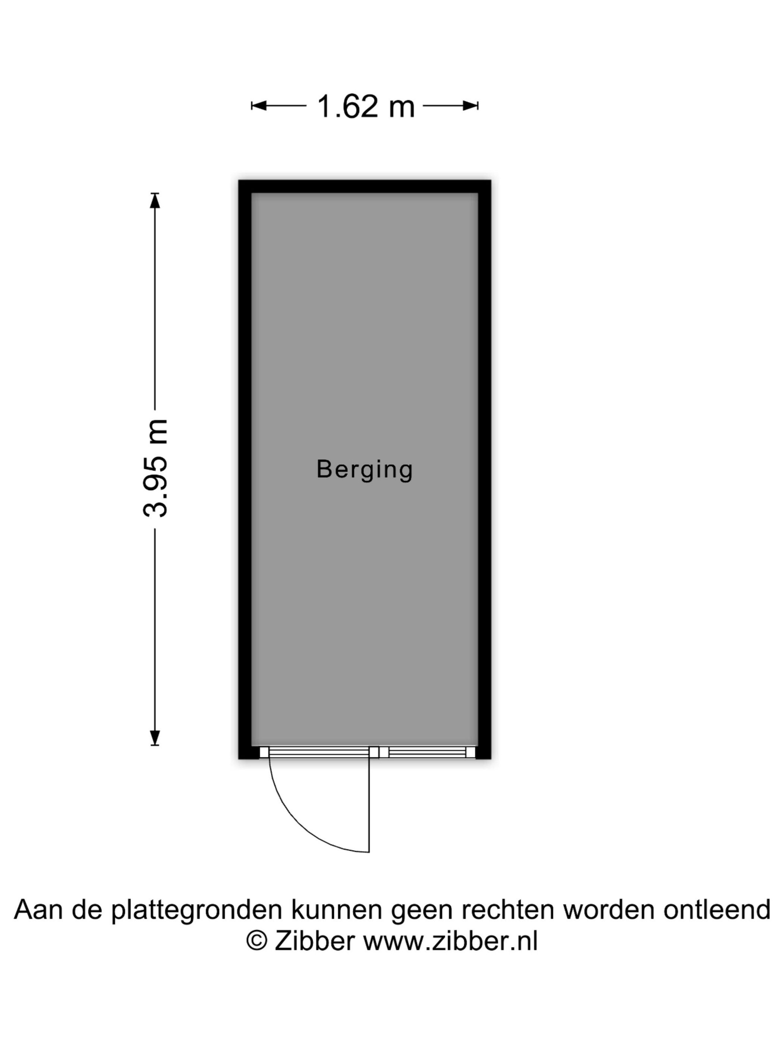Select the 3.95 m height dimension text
[155, 468]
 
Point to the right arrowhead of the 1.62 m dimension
[471, 106]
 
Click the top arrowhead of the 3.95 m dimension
[155, 201]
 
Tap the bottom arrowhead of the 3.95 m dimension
[155, 738]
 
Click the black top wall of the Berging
[364, 186]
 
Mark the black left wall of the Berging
[245, 469]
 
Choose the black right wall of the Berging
[484, 469]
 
